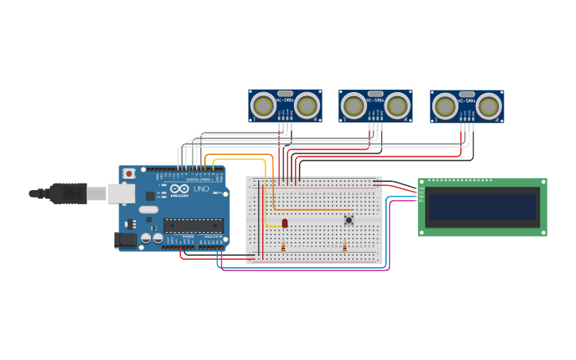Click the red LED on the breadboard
pos(285,223)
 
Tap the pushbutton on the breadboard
pos(348,220)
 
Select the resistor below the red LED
pos(284,247)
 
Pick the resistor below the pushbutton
pos(344,247)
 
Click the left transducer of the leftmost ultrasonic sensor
pos(263,105)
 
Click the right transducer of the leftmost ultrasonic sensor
pos(307,105)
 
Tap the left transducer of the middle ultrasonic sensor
pos(354,105)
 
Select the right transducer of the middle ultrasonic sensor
pos(397,105)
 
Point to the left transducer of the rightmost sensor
pos(446,106)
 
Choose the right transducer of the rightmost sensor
pos(489,106)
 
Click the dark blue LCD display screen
pos(482,207)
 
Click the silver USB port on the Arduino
pos(121,192)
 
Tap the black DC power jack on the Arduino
pos(125,239)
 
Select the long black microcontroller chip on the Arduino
pos(193,226)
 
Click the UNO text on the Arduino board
pos(200,189)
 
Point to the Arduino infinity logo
pos(180,188)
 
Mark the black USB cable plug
pos(68,193)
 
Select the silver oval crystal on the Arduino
pos(149,211)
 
